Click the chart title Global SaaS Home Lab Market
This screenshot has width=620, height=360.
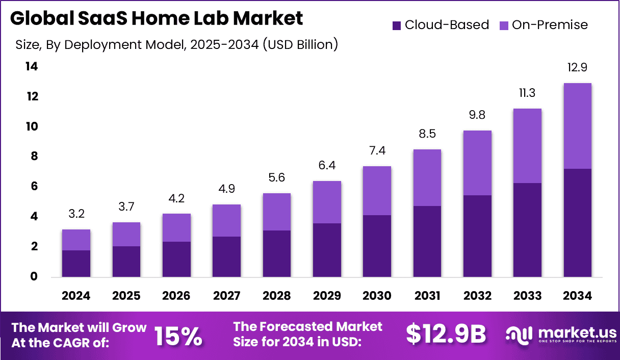point(156,18)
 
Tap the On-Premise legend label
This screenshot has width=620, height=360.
point(550,25)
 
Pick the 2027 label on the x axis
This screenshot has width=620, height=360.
point(226,296)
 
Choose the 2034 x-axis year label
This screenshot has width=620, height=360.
point(577,296)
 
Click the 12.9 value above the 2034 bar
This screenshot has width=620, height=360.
point(577,67)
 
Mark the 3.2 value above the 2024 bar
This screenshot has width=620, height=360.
point(76,214)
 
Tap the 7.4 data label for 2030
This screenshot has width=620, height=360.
point(377,150)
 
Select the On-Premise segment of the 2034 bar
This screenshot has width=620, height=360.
point(577,125)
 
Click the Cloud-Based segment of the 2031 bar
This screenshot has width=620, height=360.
point(427,241)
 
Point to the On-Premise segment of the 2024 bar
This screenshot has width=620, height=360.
point(76,240)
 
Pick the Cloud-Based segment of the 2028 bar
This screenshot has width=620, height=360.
point(276,253)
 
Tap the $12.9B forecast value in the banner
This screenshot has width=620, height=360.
point(446,334)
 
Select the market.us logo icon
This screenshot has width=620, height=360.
point(519,335)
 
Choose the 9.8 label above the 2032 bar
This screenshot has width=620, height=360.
point(477,115)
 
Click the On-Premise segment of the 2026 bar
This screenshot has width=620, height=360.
point(176,227)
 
